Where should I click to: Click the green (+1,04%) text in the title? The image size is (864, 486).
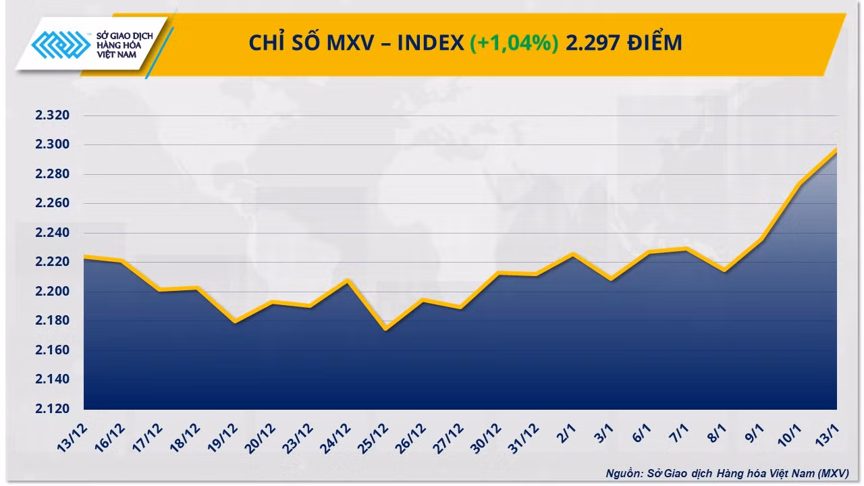tap(514, 43)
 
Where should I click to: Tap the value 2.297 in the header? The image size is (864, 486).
tap(593, 43)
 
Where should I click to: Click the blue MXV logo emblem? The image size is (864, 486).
tap(61, 45)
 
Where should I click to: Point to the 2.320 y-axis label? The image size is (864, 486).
tap(53, 115)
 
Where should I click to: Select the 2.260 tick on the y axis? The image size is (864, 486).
tap(53, 203)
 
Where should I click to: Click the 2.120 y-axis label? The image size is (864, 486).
tap(53, 408)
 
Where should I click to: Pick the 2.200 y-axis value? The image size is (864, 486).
tap(53, 291)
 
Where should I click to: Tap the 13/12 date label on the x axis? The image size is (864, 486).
tap(72, 438)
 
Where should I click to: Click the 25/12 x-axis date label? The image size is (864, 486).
tap(373, 438)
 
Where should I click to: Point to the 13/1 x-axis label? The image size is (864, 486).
tap(827, 435)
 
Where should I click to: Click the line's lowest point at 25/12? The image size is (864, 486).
tap(385, 329)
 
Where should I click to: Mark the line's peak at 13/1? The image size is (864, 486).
tap(836, 150)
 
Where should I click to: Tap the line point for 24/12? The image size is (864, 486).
tap(348, 281)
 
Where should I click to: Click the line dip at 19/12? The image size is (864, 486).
tap(235, 321)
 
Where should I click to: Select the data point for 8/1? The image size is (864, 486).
tap(724, 271)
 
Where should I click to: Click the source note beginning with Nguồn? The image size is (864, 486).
tap(727, 473)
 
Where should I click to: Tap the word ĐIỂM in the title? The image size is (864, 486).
tap(655, 42)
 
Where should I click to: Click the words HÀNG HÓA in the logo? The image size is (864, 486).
tap(119, 45)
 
